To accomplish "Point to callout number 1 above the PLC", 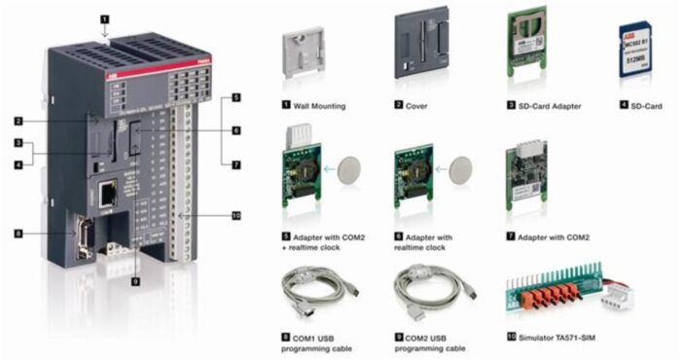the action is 104,17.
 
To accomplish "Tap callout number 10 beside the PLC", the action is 235,215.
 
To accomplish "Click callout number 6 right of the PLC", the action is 235,129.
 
